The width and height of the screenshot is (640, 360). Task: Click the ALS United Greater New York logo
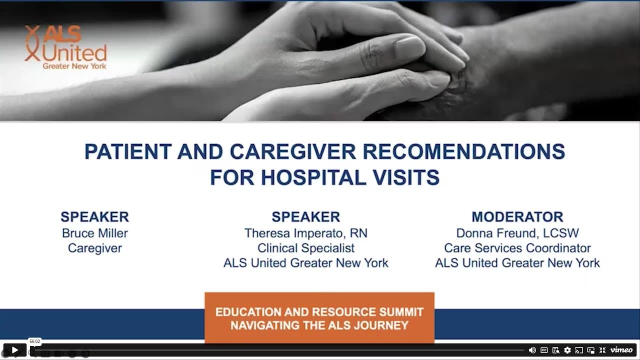tap(65, 47)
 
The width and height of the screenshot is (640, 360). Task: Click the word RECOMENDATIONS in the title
tap(464, 151)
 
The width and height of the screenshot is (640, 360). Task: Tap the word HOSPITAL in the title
tap(313, 177)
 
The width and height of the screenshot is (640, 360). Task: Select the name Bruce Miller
tap(95, 233)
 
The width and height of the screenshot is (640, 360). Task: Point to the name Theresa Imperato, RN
tap(305, 233)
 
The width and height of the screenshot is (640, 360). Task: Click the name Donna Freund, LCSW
tap(517, 233)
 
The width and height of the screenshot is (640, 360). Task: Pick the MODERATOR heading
tap(517, 217)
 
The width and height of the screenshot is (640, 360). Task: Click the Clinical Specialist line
tap(305, 248)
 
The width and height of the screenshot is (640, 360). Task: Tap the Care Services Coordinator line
tap(517, 248)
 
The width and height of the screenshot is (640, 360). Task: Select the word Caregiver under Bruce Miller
tap(95, 248)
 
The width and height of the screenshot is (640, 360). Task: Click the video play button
tap(15, 350)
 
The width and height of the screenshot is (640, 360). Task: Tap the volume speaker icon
tap(532, 350)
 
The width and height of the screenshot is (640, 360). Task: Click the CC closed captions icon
tap(544, 350)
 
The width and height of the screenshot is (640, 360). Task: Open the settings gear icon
tap(567, 350)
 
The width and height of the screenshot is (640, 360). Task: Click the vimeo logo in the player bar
tap(621, 350)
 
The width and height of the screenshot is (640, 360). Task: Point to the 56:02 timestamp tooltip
tap(35, 341)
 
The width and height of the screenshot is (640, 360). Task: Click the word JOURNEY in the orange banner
tap(381, 325)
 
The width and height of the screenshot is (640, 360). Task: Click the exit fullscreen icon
tap(602, 350)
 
